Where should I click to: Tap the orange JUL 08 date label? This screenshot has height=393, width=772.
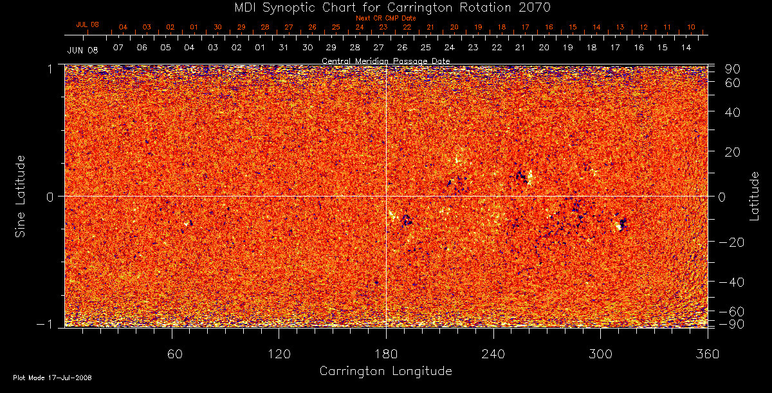click(87, 24)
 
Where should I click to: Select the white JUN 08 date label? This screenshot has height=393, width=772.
click(82, 50)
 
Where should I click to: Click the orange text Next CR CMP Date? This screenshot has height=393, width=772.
click(386, 18)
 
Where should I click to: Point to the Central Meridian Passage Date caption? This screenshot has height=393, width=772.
click(385, 61)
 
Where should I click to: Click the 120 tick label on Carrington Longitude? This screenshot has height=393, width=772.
click(279, 354)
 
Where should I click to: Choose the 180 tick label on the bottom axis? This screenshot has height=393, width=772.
click(386, 354)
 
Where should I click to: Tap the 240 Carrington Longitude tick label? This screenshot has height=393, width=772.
click(493, 354)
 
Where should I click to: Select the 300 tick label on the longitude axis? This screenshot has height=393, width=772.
click(600, 354)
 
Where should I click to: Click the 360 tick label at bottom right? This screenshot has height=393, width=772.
click(707, 354)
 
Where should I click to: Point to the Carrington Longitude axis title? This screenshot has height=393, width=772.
click(385, 371)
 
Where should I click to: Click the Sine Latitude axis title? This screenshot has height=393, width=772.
click(21, 195)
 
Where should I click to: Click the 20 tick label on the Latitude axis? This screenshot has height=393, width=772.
click(733, 152)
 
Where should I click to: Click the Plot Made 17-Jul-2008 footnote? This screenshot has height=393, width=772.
click(52, 378)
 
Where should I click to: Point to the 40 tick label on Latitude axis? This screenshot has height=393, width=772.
click(733, 112)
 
